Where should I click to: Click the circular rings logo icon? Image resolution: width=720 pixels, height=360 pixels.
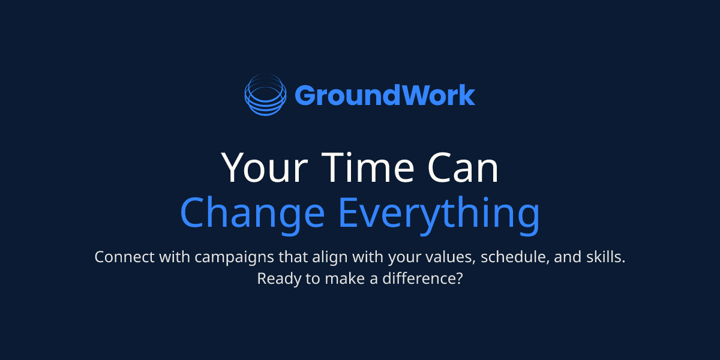(x=264, y=95)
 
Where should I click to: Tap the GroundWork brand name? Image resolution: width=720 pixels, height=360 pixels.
(x=385, y=95)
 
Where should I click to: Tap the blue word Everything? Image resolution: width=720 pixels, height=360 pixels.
(x=439, y=213)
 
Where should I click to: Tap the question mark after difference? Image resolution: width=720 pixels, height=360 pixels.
(x=458, y=279)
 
